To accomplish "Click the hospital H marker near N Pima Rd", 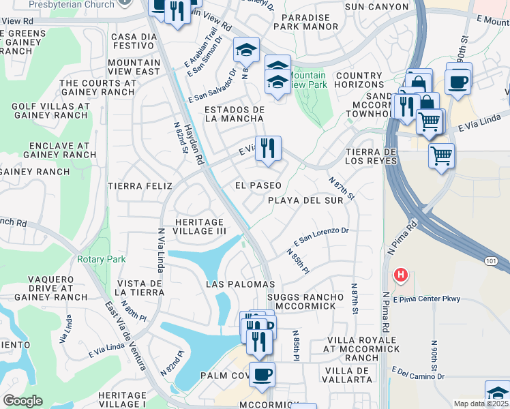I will [401, 275].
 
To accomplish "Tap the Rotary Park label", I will [101, 260].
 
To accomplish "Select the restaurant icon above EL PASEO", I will [268, 149].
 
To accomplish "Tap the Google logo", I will [22, 401].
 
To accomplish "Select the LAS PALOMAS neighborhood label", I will [240, 284].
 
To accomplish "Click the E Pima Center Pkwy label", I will [427, 299].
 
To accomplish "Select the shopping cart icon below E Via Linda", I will [441, 155].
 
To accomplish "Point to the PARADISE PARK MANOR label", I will [305, 22].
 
